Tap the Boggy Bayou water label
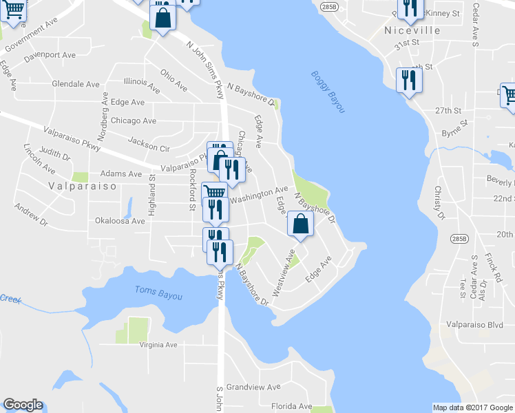click(x=327, y=92)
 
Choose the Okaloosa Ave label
click(x=120, y=221)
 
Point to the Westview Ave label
click(x=284, y=274)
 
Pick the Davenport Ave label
click(x=50, y=54)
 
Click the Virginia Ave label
click(x=158, y=345)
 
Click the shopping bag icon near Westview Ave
click(x=300, y=224)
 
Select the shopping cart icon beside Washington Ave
click(x=215, y=192)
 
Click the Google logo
click(x=23, y=405)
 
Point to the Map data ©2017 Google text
click(x=473, y=407)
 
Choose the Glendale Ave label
click(x=76, y=84)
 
